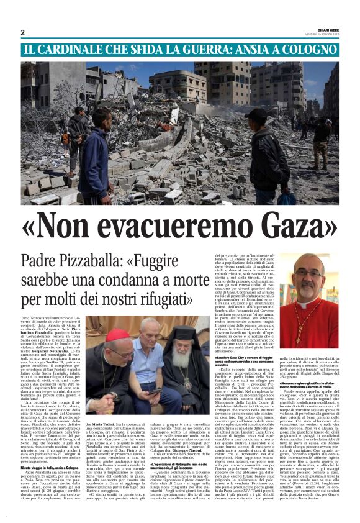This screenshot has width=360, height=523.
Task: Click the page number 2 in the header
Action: pyautogui.click(x=22, y=32)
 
